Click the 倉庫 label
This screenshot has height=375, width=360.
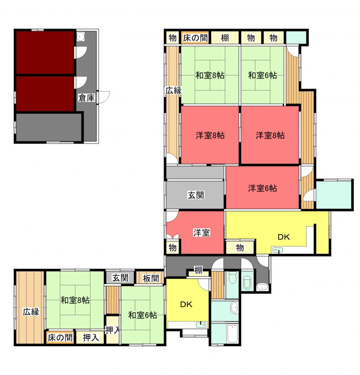click(x=86, y=97)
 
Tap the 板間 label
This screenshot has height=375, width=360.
click(x=151, y=278)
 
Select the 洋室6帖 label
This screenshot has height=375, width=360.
click(x=262, y=188)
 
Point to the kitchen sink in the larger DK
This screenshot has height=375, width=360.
click(x=277, y=250)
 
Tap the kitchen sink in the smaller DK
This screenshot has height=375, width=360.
click(x=201, y=325)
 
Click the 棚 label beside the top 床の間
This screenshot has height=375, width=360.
click(x=225, y=38)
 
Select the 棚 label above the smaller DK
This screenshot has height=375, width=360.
click(x=198, y=270)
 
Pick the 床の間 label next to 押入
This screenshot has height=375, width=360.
click(x=60, y=337)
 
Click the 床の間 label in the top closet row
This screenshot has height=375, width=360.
click(x=195, y=38)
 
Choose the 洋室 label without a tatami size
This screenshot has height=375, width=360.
click(x=201, y=232)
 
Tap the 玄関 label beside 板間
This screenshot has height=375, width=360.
click(x=121, y=278)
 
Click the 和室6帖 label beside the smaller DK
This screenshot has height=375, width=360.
click(x=143, y=315)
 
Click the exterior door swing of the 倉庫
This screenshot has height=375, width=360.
click(x=104, y=97)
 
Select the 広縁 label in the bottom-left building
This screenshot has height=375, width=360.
click(x=31, y=312)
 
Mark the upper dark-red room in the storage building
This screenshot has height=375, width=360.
click(x=45, y=52)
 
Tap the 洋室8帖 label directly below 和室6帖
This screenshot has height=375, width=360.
click(x=270, y=135)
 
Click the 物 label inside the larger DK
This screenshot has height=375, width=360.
click(x=240, y=248)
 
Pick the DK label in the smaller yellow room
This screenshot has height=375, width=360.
click(x=186, y=305)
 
